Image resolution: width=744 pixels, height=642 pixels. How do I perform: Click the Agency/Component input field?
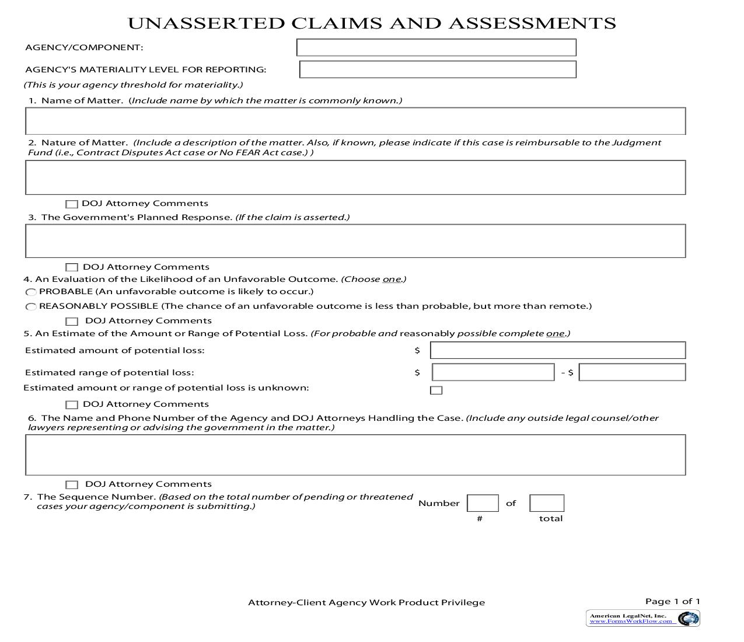(436, 47)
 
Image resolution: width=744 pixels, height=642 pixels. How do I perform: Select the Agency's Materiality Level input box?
(438, 69)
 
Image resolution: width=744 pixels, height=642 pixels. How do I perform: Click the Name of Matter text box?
(355, 121)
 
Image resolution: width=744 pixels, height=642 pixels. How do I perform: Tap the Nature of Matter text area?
(355, 177)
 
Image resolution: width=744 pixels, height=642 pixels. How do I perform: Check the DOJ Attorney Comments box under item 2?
(72, 204)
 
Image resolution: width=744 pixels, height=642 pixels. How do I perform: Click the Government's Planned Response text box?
(355, 241)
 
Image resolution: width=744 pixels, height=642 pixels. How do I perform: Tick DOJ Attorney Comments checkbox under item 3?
(72, 267)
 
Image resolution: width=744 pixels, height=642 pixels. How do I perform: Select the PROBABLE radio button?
(31, 292)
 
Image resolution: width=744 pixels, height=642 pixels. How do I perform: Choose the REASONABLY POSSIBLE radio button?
(31, 307)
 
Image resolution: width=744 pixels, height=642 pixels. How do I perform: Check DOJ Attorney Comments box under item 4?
(72, 322)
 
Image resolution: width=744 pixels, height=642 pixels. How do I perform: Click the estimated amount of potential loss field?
(557, 350)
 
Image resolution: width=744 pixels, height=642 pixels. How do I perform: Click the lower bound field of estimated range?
(493, 372)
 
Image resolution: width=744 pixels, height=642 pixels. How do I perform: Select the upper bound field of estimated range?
(632, 372)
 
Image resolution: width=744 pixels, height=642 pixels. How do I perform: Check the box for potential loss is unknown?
(436, 390)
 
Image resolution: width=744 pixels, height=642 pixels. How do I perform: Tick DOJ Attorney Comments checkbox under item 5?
(72, 405)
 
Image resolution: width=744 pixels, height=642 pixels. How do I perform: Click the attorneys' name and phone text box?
(355, 455)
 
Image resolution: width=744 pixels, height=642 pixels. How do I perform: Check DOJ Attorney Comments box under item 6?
(72, 485)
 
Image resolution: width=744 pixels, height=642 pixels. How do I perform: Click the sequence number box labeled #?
(483, 503)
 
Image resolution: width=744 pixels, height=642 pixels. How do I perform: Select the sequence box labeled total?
(547, 503)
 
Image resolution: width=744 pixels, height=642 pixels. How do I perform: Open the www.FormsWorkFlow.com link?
(631, 622)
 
